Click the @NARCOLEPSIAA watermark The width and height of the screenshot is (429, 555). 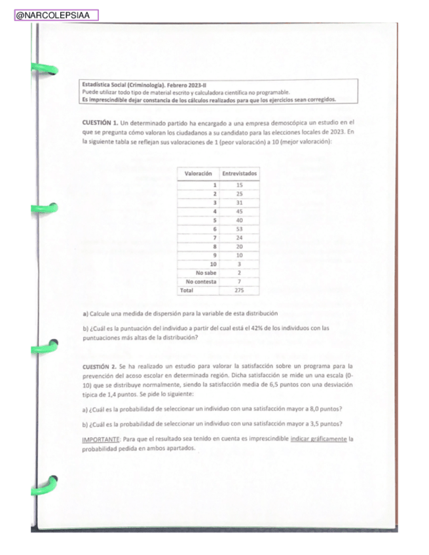[56, 15]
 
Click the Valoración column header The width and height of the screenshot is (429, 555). [198, 173]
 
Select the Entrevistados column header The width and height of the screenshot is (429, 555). [240, 173]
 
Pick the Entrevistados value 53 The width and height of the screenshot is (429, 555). [240, 229]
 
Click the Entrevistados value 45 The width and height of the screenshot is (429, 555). [240, 211]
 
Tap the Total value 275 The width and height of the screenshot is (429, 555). [240, 289]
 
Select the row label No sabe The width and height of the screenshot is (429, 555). [206, 272]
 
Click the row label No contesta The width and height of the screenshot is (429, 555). [202, 281]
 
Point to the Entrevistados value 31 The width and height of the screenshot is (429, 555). [240, 203]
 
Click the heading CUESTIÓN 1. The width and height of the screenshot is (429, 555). [100, 122]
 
